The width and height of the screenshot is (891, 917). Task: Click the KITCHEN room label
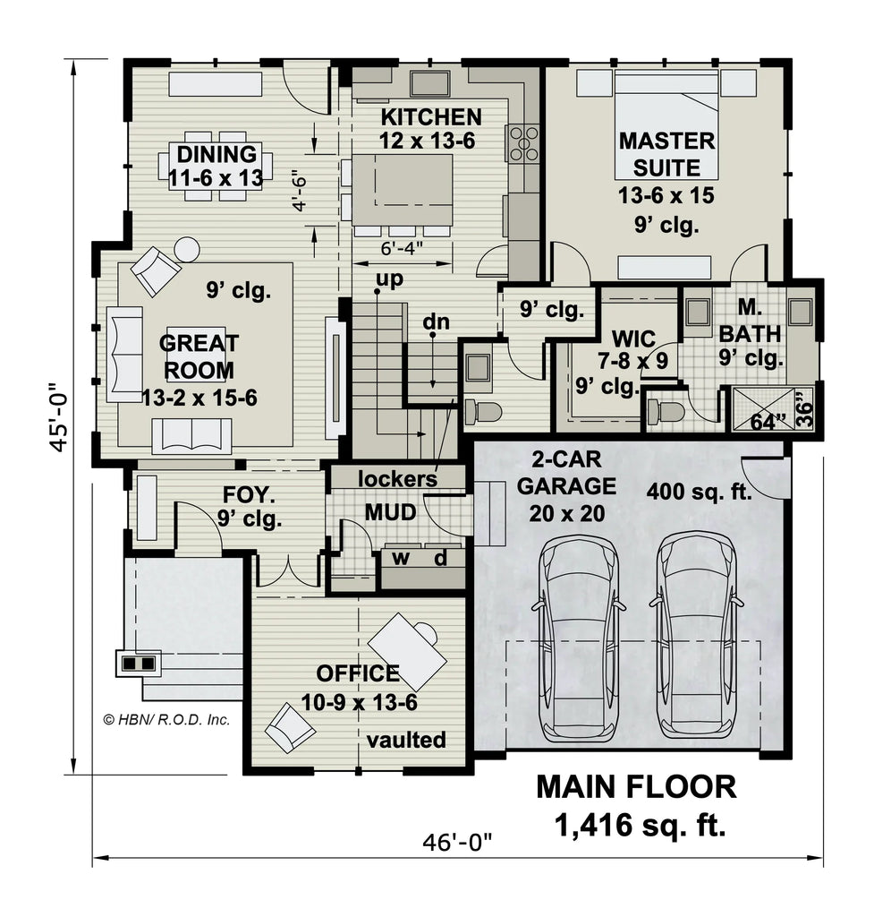[x=431, y=117]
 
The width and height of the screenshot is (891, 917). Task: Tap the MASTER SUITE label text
[x=666, y=153]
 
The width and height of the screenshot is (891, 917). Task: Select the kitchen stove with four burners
[x=524, y=143]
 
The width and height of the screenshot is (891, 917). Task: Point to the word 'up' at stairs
[x=388, y=279]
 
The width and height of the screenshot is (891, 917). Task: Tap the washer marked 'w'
[x=401, y=559]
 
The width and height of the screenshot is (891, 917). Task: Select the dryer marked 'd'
[x=441, y=559]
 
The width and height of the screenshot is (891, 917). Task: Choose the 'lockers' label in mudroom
[x=397, y=479]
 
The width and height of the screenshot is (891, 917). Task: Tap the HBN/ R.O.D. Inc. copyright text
[x=166, y=718]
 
